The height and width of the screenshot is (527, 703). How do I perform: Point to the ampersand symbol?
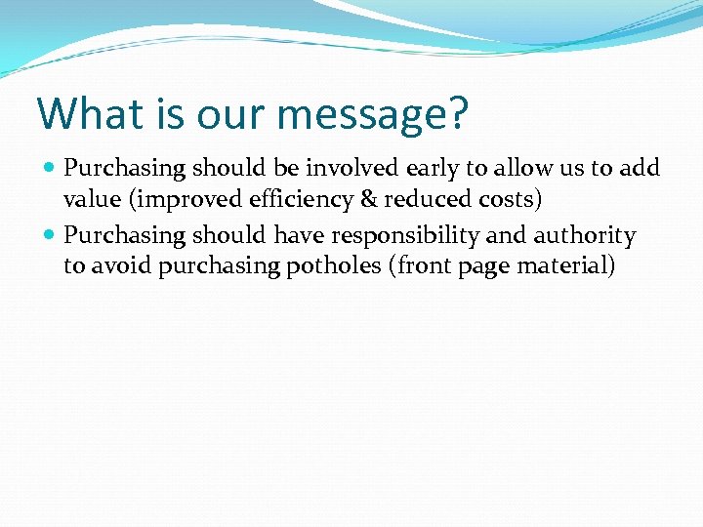pos(366,200)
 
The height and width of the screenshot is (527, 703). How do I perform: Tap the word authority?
pos(584,235)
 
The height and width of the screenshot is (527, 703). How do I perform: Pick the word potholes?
pos(334,267)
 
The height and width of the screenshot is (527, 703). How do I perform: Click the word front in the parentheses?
pos(424,267)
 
